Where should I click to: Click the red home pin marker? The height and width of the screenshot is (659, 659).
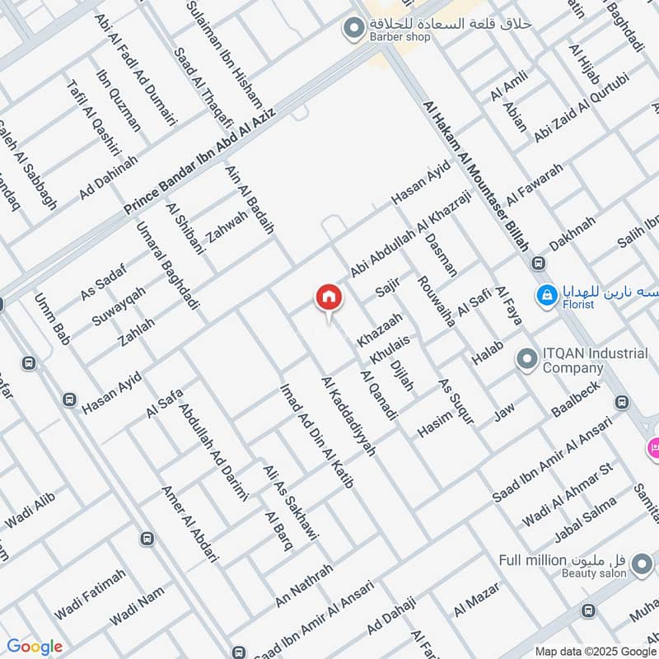click(328, 297)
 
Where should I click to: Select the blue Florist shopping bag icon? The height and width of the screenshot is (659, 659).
click(545, 293)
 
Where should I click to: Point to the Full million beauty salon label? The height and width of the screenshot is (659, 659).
click(562, 561)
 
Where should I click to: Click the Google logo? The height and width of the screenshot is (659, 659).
click(35, 647)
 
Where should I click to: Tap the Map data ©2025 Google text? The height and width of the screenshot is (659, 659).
click(596, 650)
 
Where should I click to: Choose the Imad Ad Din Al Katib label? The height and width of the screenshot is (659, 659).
click(317, 436)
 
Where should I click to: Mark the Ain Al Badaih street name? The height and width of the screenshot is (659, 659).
click(249, 200)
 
